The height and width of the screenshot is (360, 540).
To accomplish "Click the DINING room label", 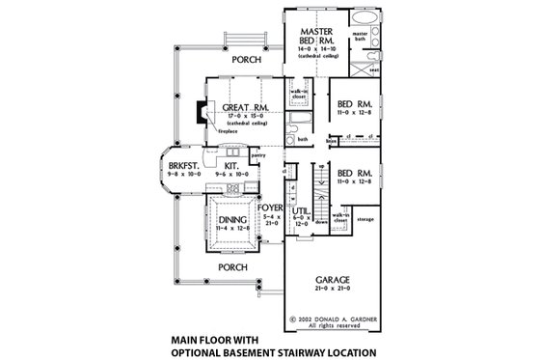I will click(229, 221).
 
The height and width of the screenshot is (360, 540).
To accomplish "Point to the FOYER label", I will click(269, 205).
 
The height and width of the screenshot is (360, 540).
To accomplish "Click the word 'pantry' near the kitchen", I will click(257, 152).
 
